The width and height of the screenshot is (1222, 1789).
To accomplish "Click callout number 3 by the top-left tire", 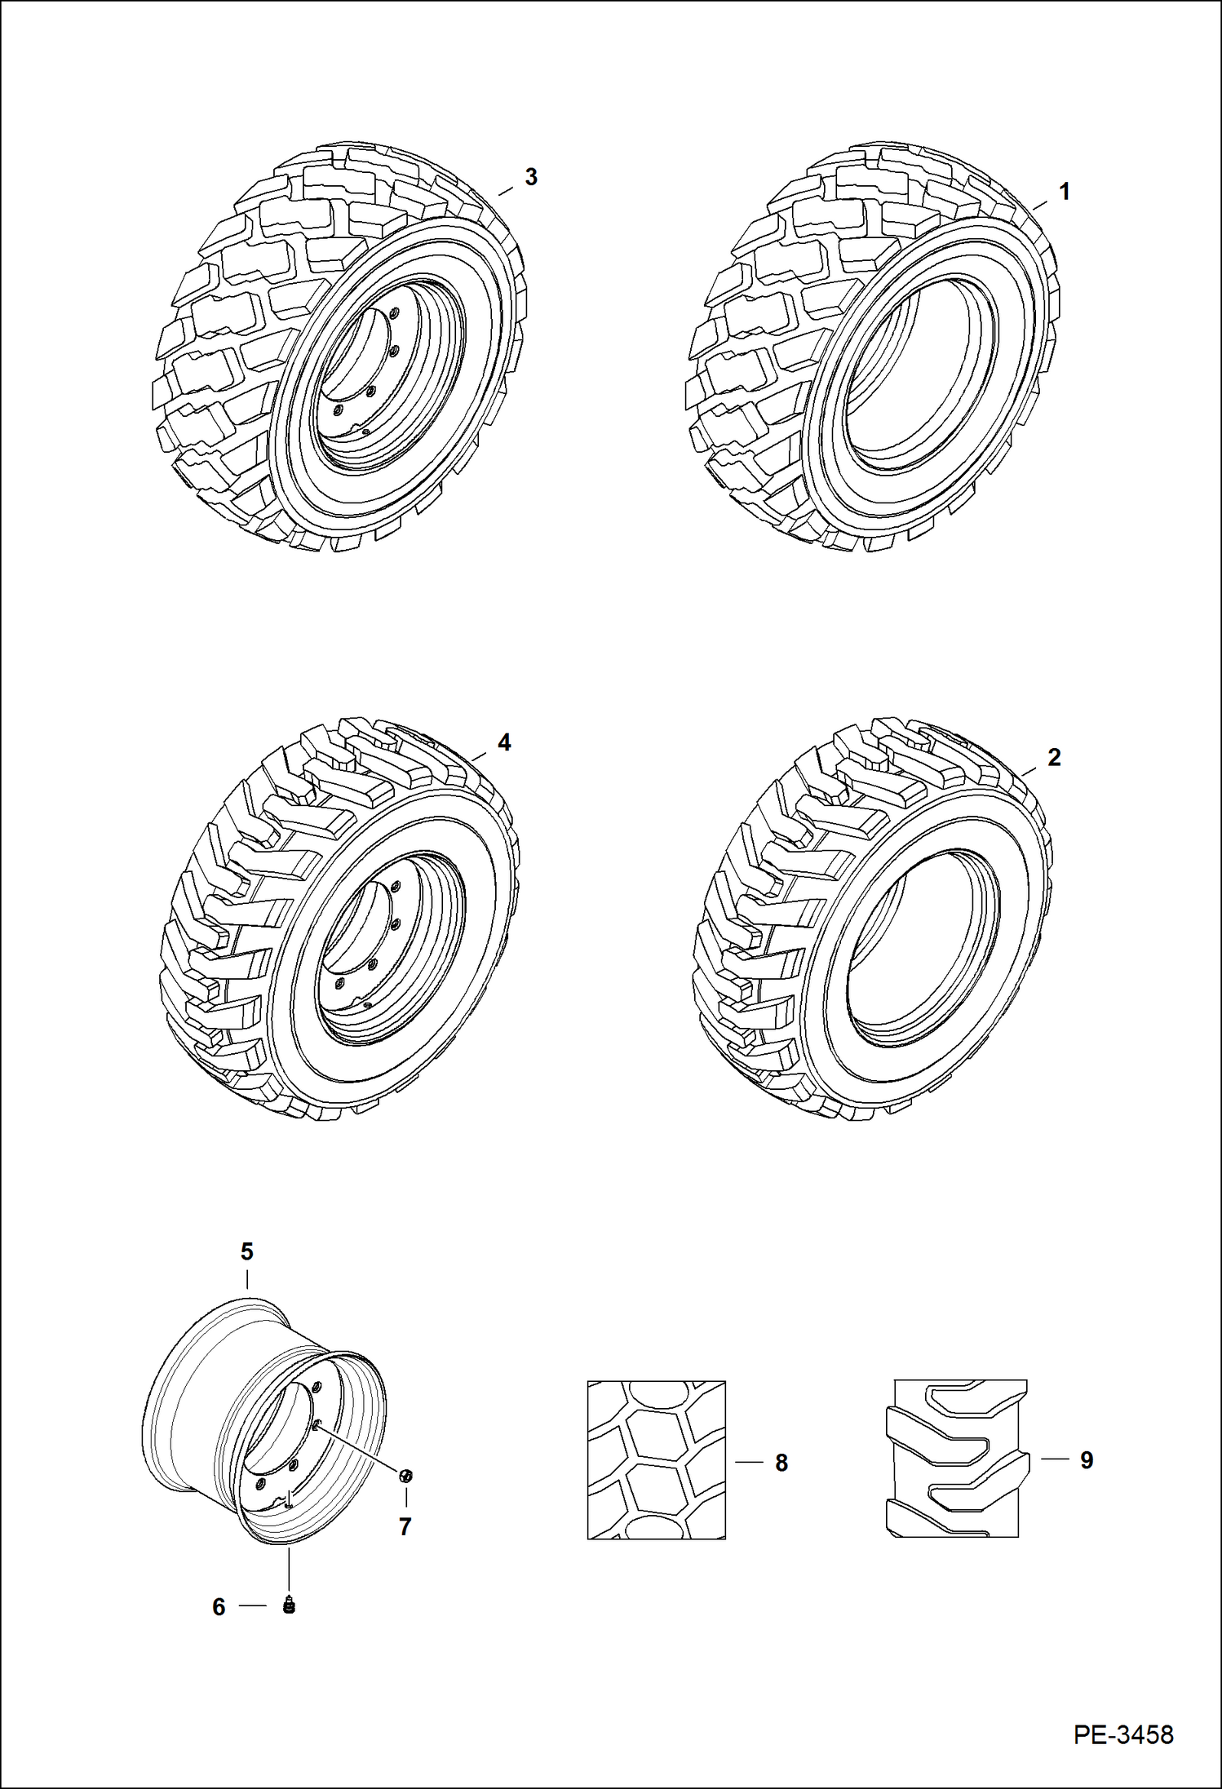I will (x=531, y=177).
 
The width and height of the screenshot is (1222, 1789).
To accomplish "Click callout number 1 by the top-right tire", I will (x=1064, y=192).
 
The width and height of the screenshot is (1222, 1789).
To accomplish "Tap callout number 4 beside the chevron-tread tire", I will (x=504, y=742).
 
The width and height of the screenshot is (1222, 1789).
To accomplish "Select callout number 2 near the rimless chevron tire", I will (x=1054, y=757).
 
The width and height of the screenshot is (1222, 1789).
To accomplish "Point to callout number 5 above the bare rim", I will (x=246, y=1251).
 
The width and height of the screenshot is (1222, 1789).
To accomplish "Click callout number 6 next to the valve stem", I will (x=219, y=1607).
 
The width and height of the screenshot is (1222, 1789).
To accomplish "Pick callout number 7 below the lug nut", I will (x=405, y=1527).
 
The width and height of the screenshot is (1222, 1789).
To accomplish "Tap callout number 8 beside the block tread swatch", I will (x=781, y=1464).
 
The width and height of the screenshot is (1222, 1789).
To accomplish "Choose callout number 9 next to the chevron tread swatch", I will (x=1087, y=1460).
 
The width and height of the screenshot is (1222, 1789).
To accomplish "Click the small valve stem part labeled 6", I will (x=288, y=1605).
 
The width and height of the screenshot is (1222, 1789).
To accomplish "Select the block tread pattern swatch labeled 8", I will (x=656, y=1459).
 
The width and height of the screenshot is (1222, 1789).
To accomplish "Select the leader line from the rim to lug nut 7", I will (x=359, y=1449).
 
